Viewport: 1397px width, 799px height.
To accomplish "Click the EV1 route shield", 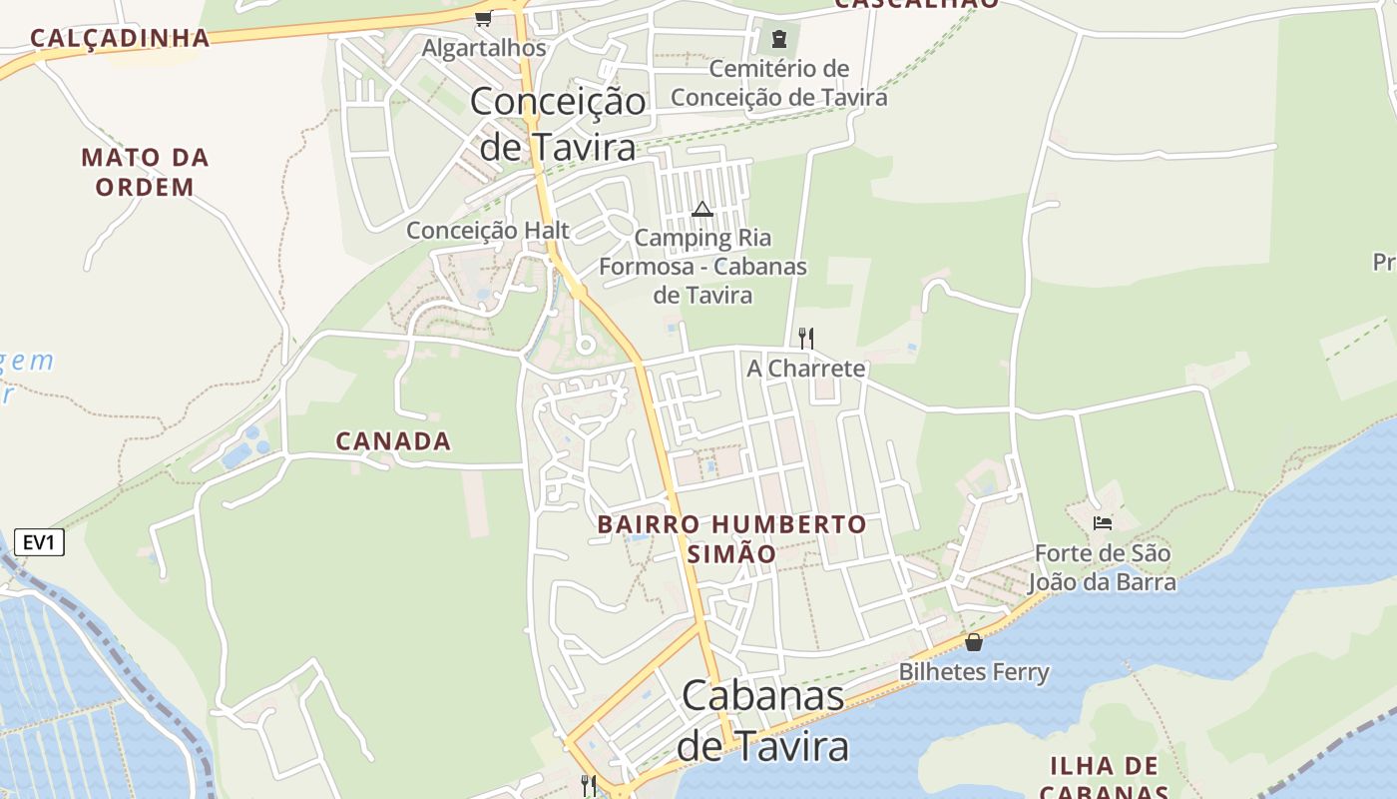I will (40, 543).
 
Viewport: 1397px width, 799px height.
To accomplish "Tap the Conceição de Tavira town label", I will (558, 124).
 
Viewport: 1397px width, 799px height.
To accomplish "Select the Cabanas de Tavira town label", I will (763, 721).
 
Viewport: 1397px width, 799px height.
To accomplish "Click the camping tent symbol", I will (702, 209).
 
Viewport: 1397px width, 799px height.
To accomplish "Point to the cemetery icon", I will (778, 40).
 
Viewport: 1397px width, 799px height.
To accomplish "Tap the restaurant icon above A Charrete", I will (806, 339).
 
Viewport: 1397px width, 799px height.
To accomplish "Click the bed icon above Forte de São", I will (1103, 522).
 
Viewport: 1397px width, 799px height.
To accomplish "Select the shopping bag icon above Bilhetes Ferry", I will (974, 642).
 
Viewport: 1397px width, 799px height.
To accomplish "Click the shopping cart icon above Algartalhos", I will (483, 18).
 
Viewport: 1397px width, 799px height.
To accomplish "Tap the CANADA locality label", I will (393, 440).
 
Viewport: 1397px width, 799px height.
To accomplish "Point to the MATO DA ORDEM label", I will (145, 172).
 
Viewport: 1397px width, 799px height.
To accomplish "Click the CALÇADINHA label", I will (120, 38).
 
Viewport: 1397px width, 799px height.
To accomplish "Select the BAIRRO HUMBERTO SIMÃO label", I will (732, 538).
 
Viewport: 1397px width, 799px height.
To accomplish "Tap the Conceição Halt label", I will (488, 231).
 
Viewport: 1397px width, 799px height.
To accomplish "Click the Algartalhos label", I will (484, 48).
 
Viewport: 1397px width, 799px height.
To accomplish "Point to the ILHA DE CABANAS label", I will (1104, 777).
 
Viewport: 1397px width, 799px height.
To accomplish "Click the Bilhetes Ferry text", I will (974, 672).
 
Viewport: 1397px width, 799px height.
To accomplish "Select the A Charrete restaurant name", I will (806, 369).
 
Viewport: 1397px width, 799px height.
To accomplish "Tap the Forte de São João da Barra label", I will (1103, 567).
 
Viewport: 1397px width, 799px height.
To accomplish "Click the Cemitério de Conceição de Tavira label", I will (778, 83).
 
